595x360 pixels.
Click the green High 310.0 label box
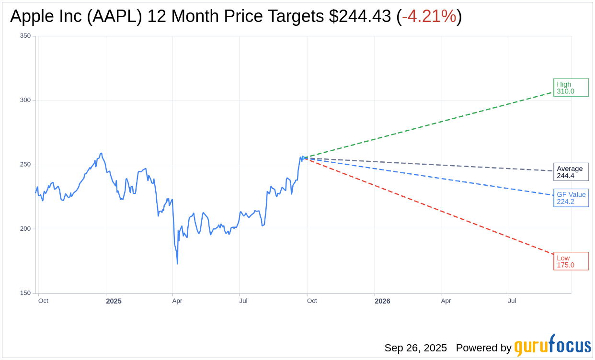coord(571,88)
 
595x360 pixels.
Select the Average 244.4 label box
coord(571,172)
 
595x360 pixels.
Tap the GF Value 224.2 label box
coord(571,198)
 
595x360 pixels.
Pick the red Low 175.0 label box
coord(571,261)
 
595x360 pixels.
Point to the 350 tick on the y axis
coord(25,36)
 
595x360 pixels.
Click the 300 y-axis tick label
coord(25,100)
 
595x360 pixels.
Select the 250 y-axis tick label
coord(25,165)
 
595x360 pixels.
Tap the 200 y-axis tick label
coord(25,229)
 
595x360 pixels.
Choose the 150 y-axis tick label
coord(25,293)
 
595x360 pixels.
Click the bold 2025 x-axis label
coord(114,301)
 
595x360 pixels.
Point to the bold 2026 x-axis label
coord(382,301)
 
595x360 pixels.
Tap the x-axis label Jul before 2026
coord(243,301)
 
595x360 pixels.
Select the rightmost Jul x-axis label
coord(512,301)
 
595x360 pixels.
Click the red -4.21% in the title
coord(429,16)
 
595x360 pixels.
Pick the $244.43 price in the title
coord(360,16)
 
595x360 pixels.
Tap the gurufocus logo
coord(552,346)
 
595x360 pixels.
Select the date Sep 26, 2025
coord(415,348)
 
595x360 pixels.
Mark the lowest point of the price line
coord(177,264)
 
